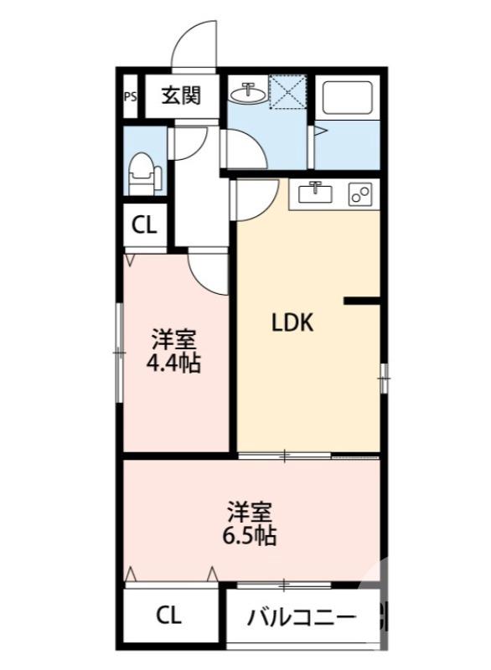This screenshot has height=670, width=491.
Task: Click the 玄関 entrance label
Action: (181, 95)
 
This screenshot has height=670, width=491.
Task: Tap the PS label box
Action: (130, 95)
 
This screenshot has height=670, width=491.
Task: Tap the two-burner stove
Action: (361, 195)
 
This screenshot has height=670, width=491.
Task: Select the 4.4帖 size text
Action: (174, 364)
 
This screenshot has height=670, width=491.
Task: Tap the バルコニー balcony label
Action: (302, 620)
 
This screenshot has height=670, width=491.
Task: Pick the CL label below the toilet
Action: (144, 225)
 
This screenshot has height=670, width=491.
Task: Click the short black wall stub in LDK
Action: (362, 300)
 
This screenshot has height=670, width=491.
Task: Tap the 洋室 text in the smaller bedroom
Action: (173, 341)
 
